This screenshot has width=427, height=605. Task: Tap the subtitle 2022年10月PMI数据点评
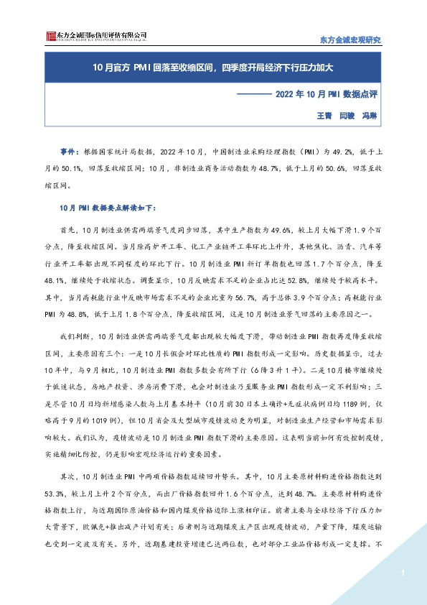(x=326, y=94)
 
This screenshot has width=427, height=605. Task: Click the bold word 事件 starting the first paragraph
(x=69, y=153)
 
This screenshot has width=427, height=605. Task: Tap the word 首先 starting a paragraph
(x=68, y=229)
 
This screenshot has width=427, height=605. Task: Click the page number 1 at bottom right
(x=404, y=573)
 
